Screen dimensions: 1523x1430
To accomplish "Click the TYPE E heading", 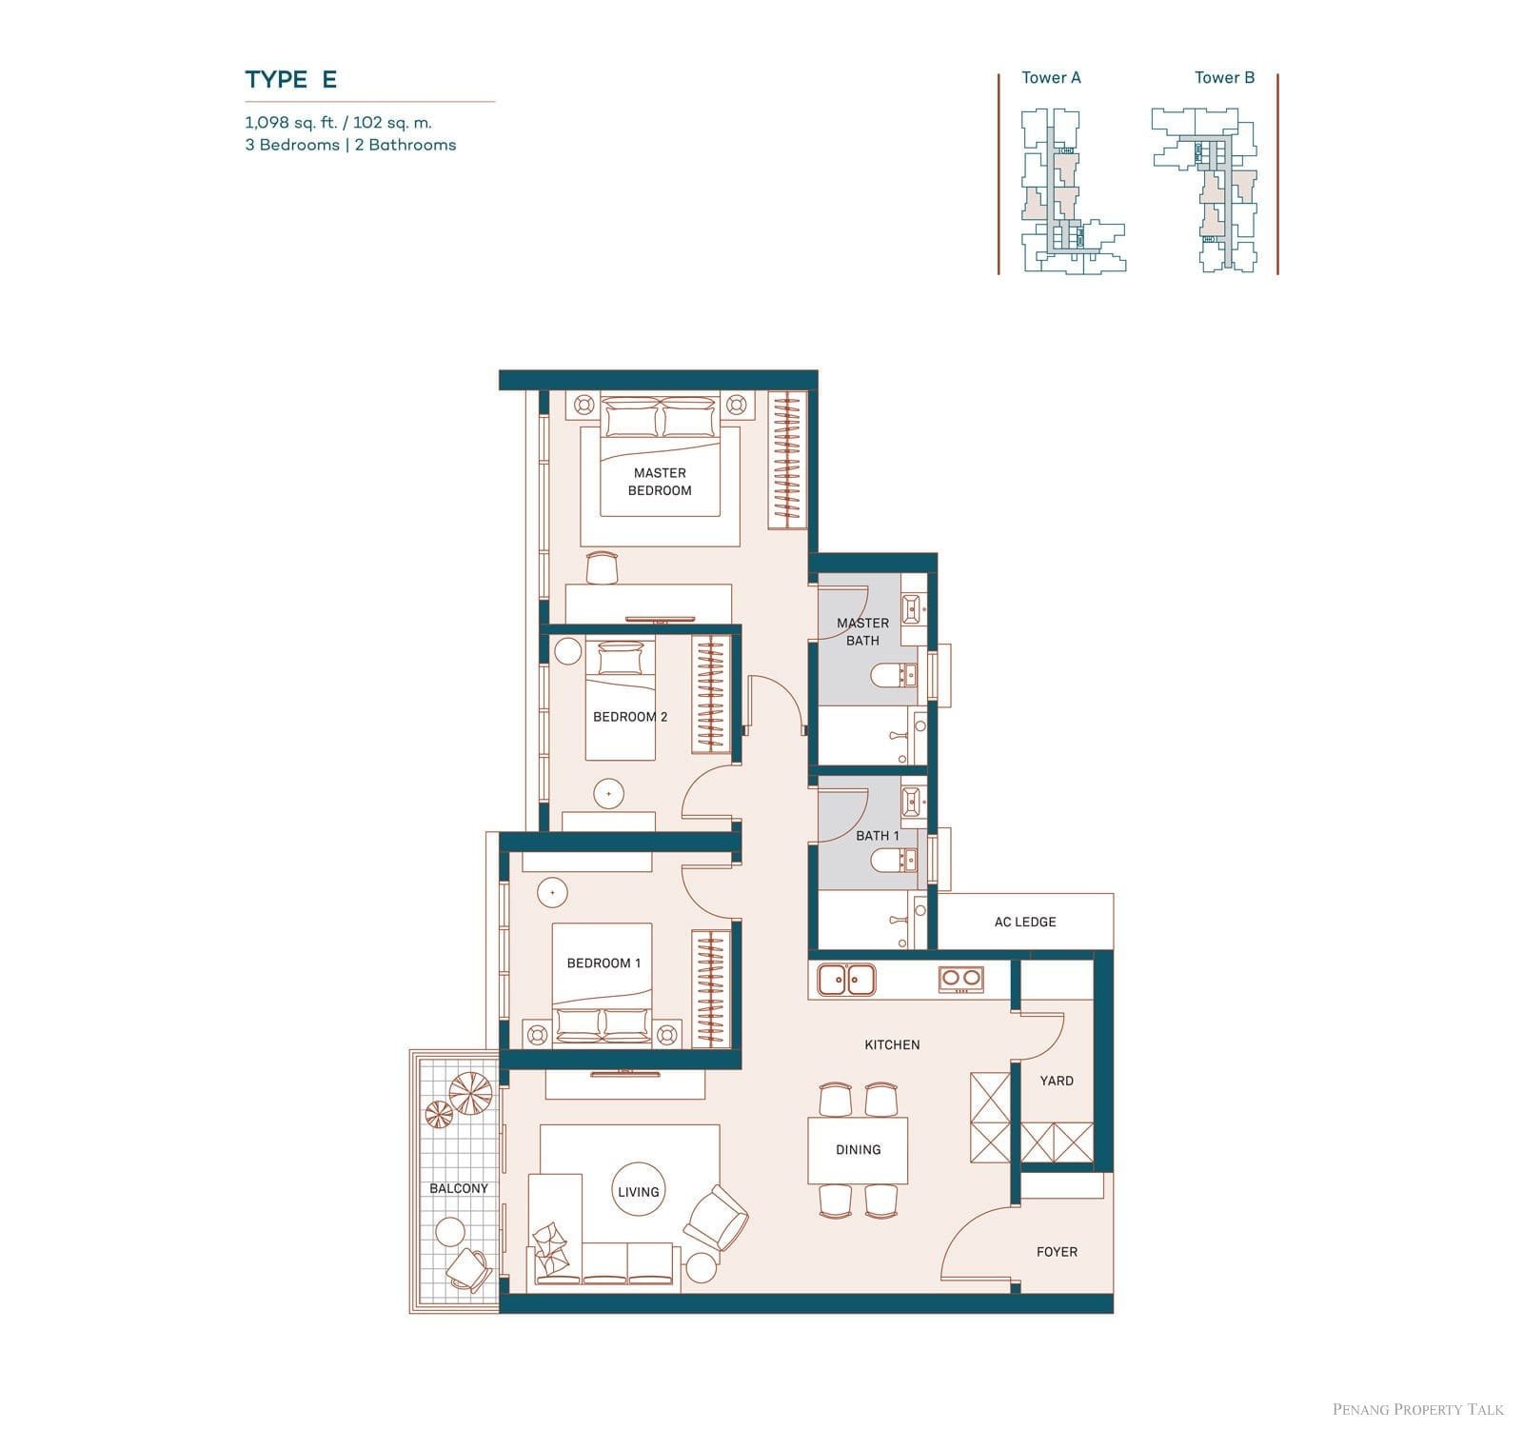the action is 290,79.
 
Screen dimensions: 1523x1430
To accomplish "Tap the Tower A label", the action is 1051,78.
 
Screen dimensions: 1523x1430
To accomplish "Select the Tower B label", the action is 1224,78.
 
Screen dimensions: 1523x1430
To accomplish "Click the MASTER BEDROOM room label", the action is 660,482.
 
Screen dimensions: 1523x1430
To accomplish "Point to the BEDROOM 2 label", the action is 630,717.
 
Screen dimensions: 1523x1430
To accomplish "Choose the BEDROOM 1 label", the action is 603,963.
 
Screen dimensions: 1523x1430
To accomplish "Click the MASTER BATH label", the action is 862,631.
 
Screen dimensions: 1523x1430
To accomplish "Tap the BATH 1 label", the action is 877,836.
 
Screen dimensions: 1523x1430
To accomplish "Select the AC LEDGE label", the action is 1025,922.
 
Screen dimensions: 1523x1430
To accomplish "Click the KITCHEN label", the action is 892,1044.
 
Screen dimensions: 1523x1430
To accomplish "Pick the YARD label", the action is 1057,1081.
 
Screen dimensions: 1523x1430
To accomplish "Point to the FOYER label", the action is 1057,1252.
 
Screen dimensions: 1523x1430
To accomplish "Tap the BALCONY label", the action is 459,1188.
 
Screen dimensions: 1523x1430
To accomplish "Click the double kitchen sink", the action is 847,978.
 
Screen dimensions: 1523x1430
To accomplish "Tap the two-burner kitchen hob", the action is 960,979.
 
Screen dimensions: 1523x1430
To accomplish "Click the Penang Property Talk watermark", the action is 1418,1409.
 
